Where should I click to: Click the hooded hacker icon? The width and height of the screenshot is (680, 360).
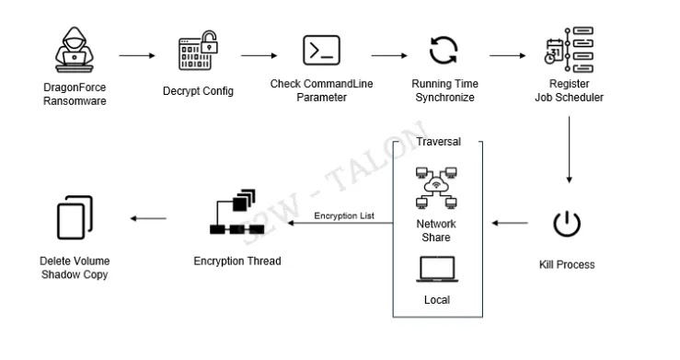point(71,52)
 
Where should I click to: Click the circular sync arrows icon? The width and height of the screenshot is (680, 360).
point(444,51)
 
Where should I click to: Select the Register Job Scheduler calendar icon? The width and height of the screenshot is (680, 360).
point(568,51)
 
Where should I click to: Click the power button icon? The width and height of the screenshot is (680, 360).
point(567,224)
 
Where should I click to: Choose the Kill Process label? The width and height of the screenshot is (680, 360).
point(567,265)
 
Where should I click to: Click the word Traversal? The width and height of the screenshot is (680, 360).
point(439,143)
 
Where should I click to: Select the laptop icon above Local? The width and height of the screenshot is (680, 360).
point(438,268)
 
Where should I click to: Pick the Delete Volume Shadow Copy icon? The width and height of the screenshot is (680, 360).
point(73,218)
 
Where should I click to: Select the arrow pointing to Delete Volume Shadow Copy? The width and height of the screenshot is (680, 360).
point(148,219)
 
